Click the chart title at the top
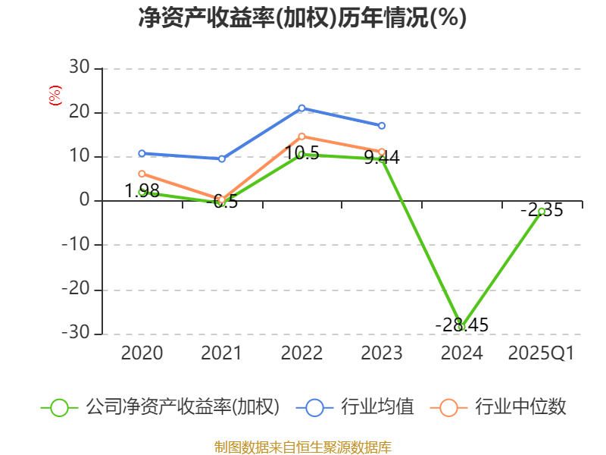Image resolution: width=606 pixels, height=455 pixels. coord(302,18)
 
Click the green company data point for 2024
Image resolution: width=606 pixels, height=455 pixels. coord(461,327)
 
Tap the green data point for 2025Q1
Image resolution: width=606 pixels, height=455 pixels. coord(542,211)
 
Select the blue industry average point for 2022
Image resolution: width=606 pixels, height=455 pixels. coord(301,108)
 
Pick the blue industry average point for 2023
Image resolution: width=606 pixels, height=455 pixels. coord(382,126)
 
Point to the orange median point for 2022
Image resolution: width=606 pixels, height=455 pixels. coord(301,136)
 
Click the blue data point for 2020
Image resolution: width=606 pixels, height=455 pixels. coord(142,153)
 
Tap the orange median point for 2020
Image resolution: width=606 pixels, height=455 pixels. coord(142,174)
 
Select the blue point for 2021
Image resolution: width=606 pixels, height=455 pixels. coord(222,158)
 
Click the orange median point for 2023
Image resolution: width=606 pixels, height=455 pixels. coord(382,152)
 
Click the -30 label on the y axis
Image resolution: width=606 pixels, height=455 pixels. coord(76,333)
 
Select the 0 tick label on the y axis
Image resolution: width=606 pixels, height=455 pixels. coord(84,201)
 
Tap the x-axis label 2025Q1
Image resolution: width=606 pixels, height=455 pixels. coord(542,353)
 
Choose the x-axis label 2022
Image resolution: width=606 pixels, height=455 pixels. coord(301,353)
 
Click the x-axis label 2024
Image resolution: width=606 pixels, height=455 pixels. coord(461,353)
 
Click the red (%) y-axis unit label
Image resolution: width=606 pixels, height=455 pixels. coord(55,96)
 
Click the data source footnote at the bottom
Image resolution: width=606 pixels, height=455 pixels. coord(302,447)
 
